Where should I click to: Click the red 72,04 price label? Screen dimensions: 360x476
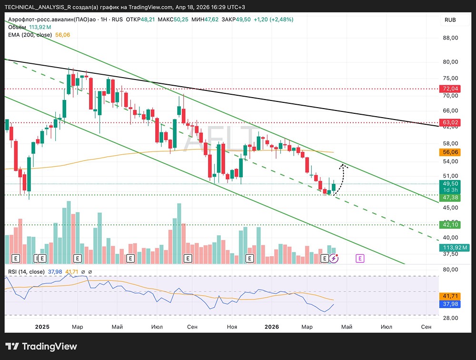pyautogui.click(x=450, y=89)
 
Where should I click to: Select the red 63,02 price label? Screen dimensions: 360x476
pyautogui.click(x=450, y=122)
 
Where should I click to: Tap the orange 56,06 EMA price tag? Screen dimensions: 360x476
pyautogui.click(x=450, y=152)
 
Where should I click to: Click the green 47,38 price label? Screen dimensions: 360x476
pyautogui.click(x=450, y=197)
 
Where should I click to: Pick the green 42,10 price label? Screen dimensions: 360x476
pyautogui.click(x=450, y=225)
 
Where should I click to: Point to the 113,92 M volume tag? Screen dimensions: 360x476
pyautogui.click(x=454, y=248)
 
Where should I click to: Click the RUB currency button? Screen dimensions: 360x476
pyautogui.click(x=450, y=20)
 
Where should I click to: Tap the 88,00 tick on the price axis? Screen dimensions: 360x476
pyautogui.click(x=450, y=38)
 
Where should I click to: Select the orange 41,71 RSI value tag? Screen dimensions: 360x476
pyautogui.click(x=450, y=296)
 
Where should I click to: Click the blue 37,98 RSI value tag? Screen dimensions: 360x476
pyautogui.click(x=450, y=304)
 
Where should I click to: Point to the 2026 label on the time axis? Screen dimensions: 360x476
pyautogui.click(x=272, y=327)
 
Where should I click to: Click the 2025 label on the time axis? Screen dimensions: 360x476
pyautogui.click(x=43, y=327)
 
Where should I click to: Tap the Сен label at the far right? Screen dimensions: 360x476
pyautogui.click(x=426, y=327)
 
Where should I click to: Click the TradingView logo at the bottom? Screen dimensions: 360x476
pyautogui.click(x=41, y=346)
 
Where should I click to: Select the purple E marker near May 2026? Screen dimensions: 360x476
pyautogui.click(x=360, y=258)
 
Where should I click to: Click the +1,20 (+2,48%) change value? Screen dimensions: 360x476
pyautogui.click(x=273, y=20)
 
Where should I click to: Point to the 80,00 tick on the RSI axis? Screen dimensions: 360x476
pyautogui.click(x=450, y=270)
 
